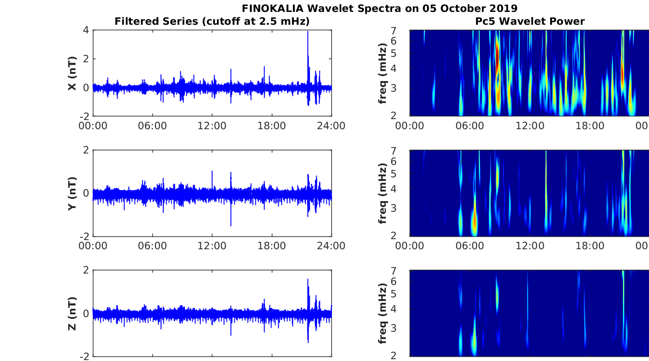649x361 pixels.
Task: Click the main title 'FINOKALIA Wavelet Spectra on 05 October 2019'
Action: pos(379,8)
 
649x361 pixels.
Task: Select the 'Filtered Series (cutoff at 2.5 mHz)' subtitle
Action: pos(212,21)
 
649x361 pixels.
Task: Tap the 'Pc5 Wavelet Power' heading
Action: pos(530,21)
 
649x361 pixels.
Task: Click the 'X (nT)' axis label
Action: pos(72,73)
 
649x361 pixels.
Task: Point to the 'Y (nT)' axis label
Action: pos(72,194)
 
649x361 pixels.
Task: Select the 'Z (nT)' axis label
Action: pos(72,313)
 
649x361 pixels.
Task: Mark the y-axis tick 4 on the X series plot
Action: pos(86,30)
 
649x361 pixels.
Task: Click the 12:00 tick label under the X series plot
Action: pos(212,126)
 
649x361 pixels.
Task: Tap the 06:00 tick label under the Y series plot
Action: pos(152,246)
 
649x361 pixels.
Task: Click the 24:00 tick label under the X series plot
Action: pos(331,126)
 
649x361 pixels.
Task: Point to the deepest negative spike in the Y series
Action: pos(231,225)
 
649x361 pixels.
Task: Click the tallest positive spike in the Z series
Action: pos(308,279)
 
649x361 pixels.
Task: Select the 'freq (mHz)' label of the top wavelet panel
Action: pos(383,73)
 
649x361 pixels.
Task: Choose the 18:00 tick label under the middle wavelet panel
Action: pos(590,246)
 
